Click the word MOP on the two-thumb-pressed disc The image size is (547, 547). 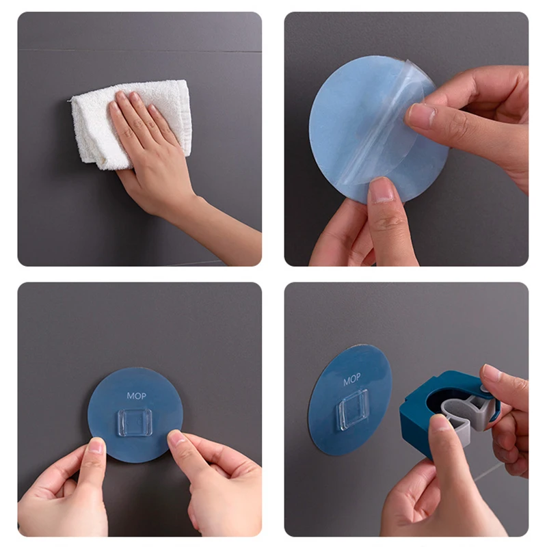pos(136,396)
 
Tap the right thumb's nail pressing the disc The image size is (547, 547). pos(177,438)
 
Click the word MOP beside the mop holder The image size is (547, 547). pos(351,379)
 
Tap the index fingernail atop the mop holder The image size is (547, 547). pos(490,373)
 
